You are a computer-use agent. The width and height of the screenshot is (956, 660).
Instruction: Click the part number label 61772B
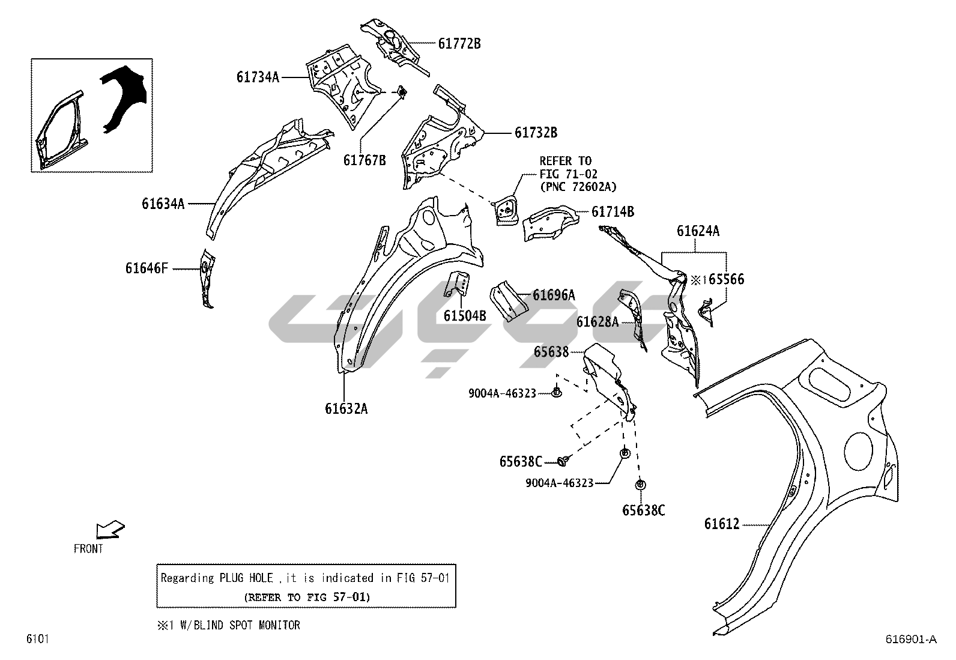point(459,43)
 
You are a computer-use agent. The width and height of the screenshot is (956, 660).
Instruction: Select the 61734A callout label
point(258,77)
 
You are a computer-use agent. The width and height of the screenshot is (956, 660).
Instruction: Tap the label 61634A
point(163,204)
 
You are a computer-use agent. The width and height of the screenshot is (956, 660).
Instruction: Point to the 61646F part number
point(147,268)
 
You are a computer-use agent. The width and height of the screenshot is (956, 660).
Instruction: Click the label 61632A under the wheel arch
point(346,409)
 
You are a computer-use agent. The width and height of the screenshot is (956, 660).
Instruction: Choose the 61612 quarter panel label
point(722,524)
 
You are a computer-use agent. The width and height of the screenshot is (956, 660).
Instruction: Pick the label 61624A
point(698,231)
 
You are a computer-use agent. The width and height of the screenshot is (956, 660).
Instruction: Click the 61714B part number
point(613,211)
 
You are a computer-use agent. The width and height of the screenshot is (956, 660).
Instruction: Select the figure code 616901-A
point(910,640)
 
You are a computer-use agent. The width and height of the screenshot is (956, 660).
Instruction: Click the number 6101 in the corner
point(37,639)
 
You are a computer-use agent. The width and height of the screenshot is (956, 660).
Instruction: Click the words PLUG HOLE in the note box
point(245,578)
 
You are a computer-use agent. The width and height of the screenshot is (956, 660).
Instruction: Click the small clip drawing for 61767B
point(401,91)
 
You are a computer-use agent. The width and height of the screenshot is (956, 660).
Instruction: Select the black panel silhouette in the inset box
point(124,97)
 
